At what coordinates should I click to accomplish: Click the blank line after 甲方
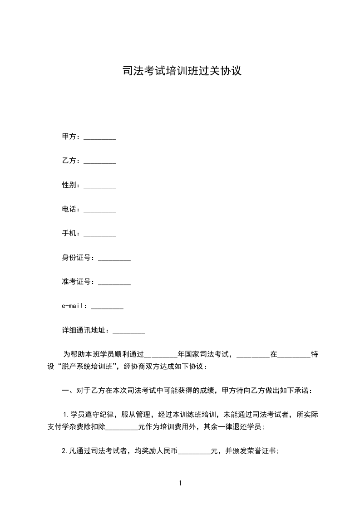(x=100, y=137)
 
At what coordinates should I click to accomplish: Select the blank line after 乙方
(x=100, y=161)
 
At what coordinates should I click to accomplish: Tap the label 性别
(x=70, y=185)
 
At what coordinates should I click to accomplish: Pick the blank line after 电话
(x=100, y=210)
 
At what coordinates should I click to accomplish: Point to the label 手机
(x=70, y=234)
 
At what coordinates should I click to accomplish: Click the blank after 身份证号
(x=114, y=258)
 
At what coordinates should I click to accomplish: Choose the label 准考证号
(x=78, y=282)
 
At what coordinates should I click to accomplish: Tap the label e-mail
(x=74, y=306)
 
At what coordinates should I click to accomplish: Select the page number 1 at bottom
(x=180, y=483)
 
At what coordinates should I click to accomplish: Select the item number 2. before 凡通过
(x=65, y=451)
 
